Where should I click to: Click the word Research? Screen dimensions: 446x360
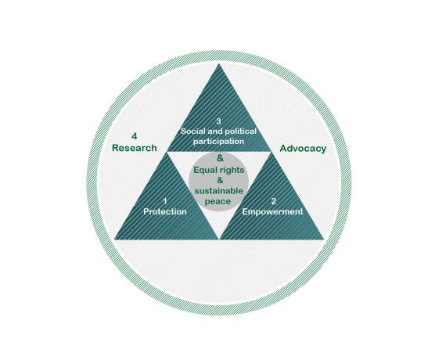tap(135, 148)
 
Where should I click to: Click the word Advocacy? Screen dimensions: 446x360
tap(303, 149)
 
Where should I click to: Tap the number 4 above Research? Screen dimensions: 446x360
tap(135, 136)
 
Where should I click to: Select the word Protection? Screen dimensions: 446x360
tap(165, 211)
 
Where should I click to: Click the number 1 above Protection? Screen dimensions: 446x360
tap(165, 201)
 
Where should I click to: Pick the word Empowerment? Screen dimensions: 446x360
tap(272, 212)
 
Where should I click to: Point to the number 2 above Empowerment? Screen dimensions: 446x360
tap(274, 201)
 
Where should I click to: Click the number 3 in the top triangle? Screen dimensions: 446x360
tap(218, 121)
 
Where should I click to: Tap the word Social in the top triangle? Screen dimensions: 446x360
tap(192, 131)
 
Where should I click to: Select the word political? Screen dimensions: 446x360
tap(241, 131)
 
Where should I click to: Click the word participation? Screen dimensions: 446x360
tap(218, 142)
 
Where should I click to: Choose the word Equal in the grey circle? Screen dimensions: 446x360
tap(204, 170)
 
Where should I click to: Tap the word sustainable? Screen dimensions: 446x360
tap(219, 191)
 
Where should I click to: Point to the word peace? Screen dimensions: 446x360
tap(218, 202)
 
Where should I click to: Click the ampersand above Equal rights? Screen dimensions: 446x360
tap(220, 158)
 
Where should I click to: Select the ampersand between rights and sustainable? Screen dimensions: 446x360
tap(220, 181)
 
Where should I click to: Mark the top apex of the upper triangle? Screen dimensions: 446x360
tap(219, 63)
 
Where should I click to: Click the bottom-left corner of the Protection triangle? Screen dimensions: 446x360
tap(114, 239)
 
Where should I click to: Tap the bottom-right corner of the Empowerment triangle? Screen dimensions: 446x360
tap(324, 239)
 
